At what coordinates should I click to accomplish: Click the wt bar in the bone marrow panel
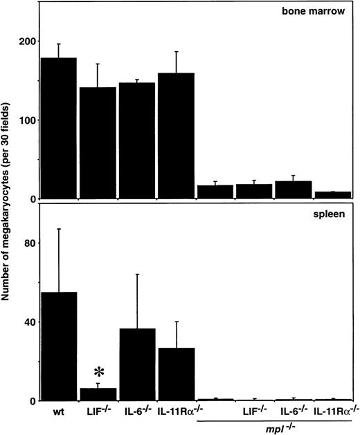58,129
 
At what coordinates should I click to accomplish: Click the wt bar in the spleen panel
58,346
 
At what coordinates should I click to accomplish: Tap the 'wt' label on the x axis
58,413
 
